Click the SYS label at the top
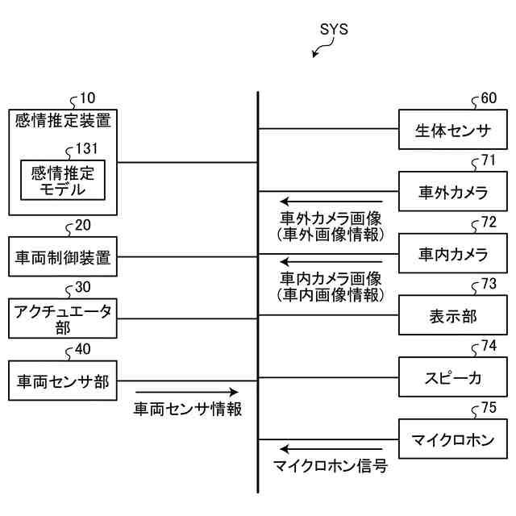(x=333, y=30)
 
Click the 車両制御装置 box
(x=63, y=258)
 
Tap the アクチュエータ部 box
(x=63, y=318)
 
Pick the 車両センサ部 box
(x=63, y=380)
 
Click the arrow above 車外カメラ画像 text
(x=331, y=202)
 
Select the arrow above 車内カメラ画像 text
(x=331, y=263)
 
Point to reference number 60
(x=489, y=98)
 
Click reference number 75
(x=489, y=408)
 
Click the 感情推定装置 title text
(x=63, y=122)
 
